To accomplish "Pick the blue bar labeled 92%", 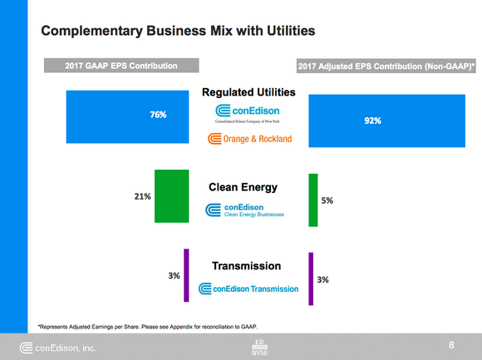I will point(371,121).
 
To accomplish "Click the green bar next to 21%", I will point(171,196).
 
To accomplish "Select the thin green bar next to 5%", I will point(312,200).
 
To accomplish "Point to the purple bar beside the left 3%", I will point(187,275).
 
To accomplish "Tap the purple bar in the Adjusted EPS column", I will point(311,279).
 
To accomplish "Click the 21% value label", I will point(141,197).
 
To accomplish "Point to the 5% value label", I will point(327,201).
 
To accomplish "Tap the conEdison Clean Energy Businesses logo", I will point(245,210).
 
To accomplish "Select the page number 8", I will point(451,344).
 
